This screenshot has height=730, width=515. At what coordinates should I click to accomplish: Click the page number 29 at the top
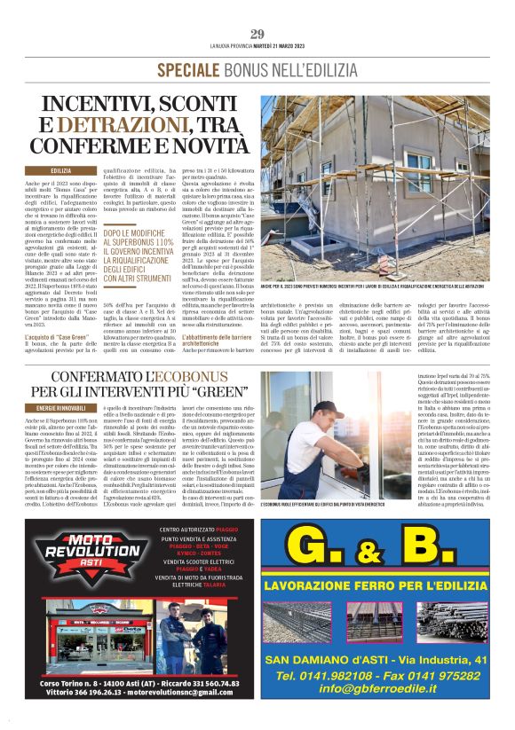pyautogui.click(x=257, y=35)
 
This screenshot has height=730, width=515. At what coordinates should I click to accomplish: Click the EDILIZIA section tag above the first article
pyautogui.click(x=61, y=170)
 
